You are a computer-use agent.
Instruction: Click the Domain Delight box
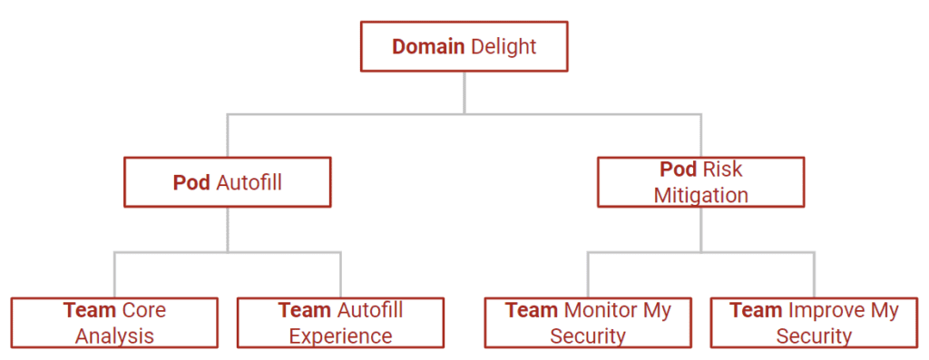pyautogui.click(x=464, y=46)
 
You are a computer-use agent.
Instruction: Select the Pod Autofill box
pyautogui.click(x=227, y=182)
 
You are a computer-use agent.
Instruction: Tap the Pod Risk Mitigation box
pyautogui.click(x=700, y=182)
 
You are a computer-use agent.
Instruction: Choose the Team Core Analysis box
pyautogui.click(x=114, y=323)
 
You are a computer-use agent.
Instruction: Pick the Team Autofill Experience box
pyautogui.click(x=340, y=323)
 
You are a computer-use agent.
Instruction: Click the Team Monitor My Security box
pyautogui.click(x=587, y=323)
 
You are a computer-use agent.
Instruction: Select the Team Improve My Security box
pyautogui.click(x=813, y=323)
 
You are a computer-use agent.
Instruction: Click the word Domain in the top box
pyautogui.click(x=428, y=46)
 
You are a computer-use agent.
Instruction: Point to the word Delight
pyautogui.click(x=504, y=46)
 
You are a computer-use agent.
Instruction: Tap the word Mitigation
pyautogui.click(x=700, y=195)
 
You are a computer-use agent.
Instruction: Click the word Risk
pyautogui.click(x=722, y=170)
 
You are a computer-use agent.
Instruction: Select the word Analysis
pyautogui.click(x=114, y=336)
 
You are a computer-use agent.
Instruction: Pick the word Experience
pyautogui.click(x=340, y=336)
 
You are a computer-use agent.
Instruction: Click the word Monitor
pyautogui.click(x=602, y=310)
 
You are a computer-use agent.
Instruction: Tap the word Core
pyautogui.click(x=143, y=310)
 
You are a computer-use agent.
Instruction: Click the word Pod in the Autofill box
pyautogui.click(x=191, y=182)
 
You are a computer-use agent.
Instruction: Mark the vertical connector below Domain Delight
pyautogui.click(x=464, y=92)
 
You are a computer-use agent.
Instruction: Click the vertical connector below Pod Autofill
pyautogui.click(x=227, y=229)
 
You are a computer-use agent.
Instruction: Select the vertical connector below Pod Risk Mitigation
pyautogui.click(x=700, y=229)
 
